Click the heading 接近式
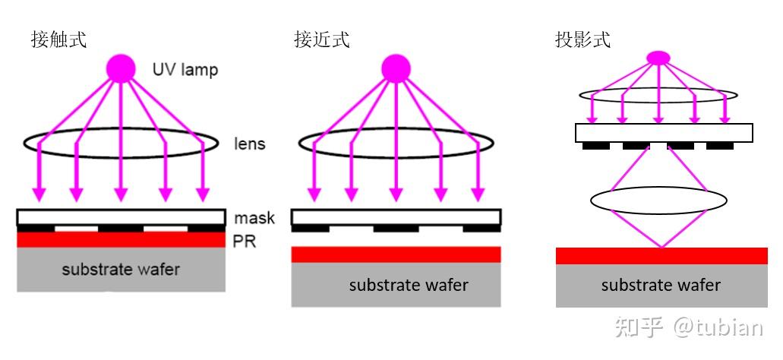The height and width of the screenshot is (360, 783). [x=321, y=39]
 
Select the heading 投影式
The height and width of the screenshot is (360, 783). [x=583, y=39]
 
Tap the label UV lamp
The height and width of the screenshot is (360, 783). [x=185, y=70]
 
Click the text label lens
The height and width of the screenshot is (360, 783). [x=249, y=144]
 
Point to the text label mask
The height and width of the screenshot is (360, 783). [x=254, y=219]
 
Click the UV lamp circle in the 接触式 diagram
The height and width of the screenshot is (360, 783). [x=120, y=68]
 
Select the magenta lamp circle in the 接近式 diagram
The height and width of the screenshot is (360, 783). [x=395, y=68]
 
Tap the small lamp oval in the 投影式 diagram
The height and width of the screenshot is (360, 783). [x=658, y=57]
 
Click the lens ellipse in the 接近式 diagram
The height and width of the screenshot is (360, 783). [x=396, y=142]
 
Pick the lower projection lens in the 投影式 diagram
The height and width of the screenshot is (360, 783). [x=658, y=201]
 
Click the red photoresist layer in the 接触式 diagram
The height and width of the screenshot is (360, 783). [x=121, y=240]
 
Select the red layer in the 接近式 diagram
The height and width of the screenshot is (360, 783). [x=396, y=254]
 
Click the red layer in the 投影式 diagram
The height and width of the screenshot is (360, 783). [x=661, y=256]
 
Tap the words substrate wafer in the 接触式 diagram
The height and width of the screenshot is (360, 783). [x=121, y=269]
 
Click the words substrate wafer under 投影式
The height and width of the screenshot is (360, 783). [x=661, y=286]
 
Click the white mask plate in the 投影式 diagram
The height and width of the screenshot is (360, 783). [x=664, y=133]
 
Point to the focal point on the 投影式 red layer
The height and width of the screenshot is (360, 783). [x=661, y=248]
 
